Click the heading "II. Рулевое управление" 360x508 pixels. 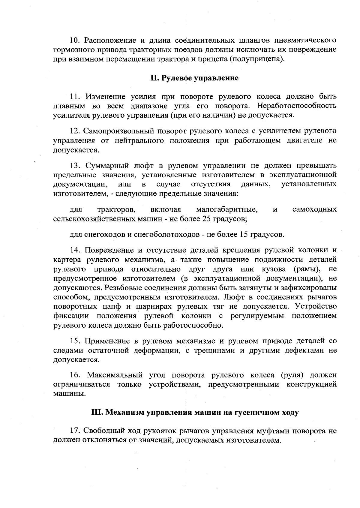[x=194, y=78]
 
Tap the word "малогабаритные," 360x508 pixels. [x=227, y=209]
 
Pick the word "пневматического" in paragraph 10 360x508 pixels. [x=305, y=40]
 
